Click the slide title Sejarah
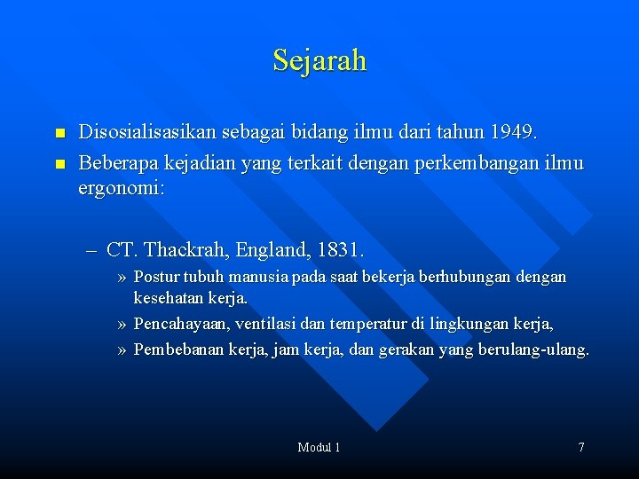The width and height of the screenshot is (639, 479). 319,60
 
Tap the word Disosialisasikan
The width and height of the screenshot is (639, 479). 150,133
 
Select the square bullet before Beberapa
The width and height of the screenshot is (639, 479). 59,164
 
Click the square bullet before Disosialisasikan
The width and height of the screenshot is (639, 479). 59,134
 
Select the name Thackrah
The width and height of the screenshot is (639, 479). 186,249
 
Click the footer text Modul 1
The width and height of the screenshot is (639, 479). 319,447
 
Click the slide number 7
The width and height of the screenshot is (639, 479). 581,447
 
